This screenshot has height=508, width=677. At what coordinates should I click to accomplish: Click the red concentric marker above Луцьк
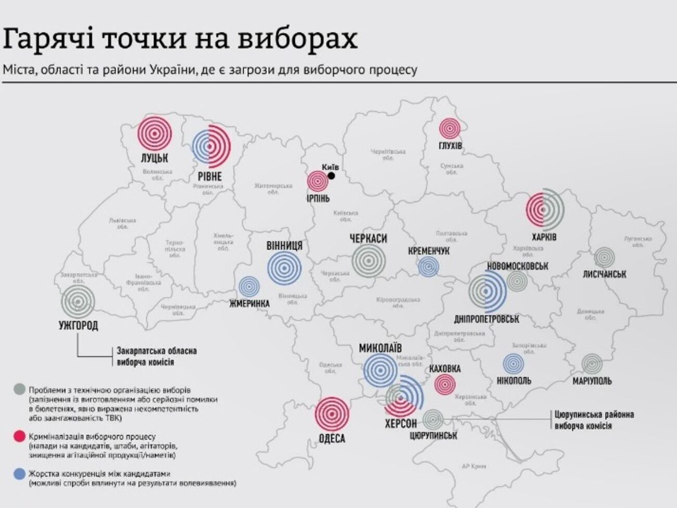coord(155,133)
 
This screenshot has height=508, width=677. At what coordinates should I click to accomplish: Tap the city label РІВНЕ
coord(209,176)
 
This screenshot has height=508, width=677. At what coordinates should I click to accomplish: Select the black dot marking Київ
coord(331,176)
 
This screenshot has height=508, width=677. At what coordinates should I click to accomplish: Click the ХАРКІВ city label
coord(544,237)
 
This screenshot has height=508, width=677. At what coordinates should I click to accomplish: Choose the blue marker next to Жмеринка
coord(249,287)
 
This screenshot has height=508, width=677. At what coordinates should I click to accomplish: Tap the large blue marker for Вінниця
coord(284,268)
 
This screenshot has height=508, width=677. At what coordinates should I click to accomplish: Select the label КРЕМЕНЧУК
coord(429,251)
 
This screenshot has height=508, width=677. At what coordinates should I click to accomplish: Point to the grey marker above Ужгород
coord(78,302)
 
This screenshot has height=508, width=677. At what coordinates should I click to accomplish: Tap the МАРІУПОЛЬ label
coord(592,381)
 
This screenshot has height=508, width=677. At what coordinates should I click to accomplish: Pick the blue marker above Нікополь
coord(513,364)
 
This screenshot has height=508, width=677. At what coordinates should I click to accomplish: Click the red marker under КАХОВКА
coord(444,385)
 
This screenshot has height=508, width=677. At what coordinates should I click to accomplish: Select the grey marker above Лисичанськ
coord(604,257)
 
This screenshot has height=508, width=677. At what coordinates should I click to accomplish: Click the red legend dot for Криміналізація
coord(20,437)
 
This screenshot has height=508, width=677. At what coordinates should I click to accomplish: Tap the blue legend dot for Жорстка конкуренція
coord(20,474)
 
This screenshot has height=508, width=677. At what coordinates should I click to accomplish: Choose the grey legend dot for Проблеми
coord(20,389)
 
